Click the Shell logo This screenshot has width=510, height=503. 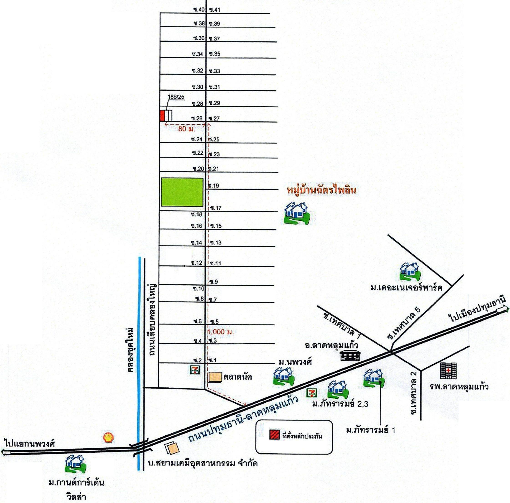109,437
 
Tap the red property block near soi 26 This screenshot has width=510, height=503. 163,116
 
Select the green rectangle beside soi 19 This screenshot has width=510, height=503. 182,192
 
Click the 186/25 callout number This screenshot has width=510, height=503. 176,97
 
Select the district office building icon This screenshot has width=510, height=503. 349,356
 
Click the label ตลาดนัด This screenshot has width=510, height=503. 237,377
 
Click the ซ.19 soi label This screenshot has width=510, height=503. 214,186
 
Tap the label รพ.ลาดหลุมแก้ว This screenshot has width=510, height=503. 459,387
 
